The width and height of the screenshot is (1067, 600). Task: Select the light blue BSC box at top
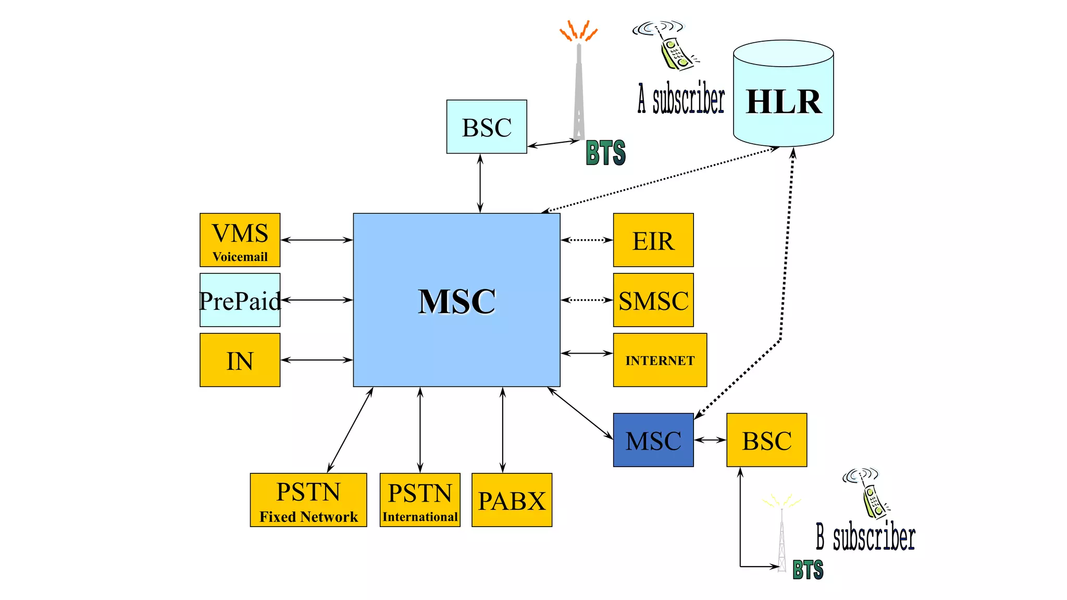[x=487, y=127]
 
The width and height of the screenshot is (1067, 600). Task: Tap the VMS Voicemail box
[x=240, y=240]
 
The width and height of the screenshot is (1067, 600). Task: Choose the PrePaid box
[x=240, y=300]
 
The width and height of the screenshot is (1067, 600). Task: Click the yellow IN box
[x=240, y=360]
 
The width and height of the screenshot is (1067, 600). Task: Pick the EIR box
[x=653, y=240]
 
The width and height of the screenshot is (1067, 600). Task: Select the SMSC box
[x=653, y=300]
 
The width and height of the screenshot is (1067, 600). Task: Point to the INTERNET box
[x=660, y=360]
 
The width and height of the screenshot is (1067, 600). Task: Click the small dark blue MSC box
[x=653, y=440]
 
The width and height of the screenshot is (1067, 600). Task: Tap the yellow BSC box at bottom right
[x=766, y=440]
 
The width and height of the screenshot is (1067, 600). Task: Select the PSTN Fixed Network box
[x=308, y=500]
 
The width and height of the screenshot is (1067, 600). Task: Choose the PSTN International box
[x=420, y=500]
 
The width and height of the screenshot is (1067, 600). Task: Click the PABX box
[x=512, y=500]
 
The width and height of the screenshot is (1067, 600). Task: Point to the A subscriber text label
[x=681, y=99]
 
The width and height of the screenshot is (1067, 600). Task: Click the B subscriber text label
[x=865, y=537]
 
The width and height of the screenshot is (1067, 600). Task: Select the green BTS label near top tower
[x=605, y=153]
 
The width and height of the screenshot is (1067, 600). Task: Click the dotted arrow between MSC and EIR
[x=587, y=240]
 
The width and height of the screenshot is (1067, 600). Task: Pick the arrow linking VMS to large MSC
[x=317, y=240]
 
